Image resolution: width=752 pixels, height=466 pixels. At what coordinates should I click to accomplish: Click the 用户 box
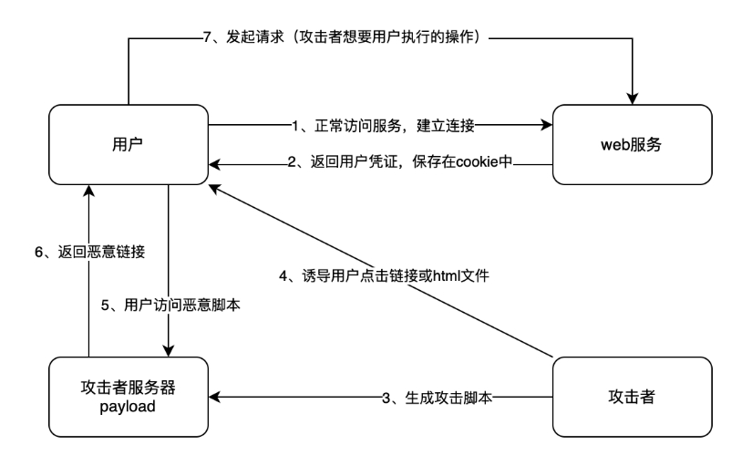coord(129,143)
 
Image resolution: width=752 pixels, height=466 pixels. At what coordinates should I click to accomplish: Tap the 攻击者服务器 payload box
coord(129,396)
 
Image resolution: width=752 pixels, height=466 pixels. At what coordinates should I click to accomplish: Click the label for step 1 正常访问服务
coord(382,123)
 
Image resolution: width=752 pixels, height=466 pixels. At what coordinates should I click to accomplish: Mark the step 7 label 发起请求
coord(346,37)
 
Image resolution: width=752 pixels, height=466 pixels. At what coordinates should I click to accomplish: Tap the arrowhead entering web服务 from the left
coord(547,123)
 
